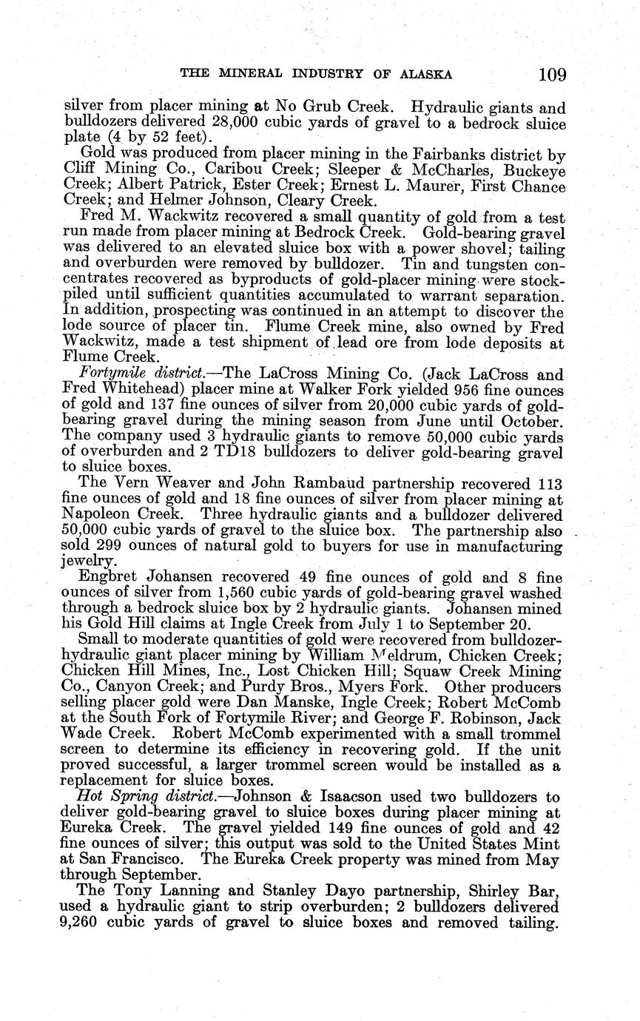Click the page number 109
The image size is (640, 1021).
[x=552, y=74]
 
